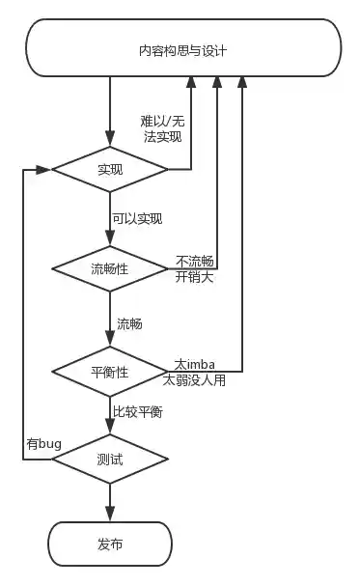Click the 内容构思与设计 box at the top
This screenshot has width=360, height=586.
182,49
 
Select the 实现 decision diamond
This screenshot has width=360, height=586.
109,169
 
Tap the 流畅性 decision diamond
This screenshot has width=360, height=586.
109,268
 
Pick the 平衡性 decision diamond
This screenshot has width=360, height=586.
109,371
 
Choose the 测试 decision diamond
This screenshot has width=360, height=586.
109,460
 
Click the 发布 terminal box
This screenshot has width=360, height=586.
109,544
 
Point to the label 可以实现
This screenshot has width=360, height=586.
136,219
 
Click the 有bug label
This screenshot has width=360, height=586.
44,444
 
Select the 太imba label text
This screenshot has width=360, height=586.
194,364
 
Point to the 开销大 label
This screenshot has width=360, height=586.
194,277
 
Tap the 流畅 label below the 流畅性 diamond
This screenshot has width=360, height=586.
129,323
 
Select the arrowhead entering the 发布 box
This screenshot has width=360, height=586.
109,515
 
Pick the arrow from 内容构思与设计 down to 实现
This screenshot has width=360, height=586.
109,111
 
